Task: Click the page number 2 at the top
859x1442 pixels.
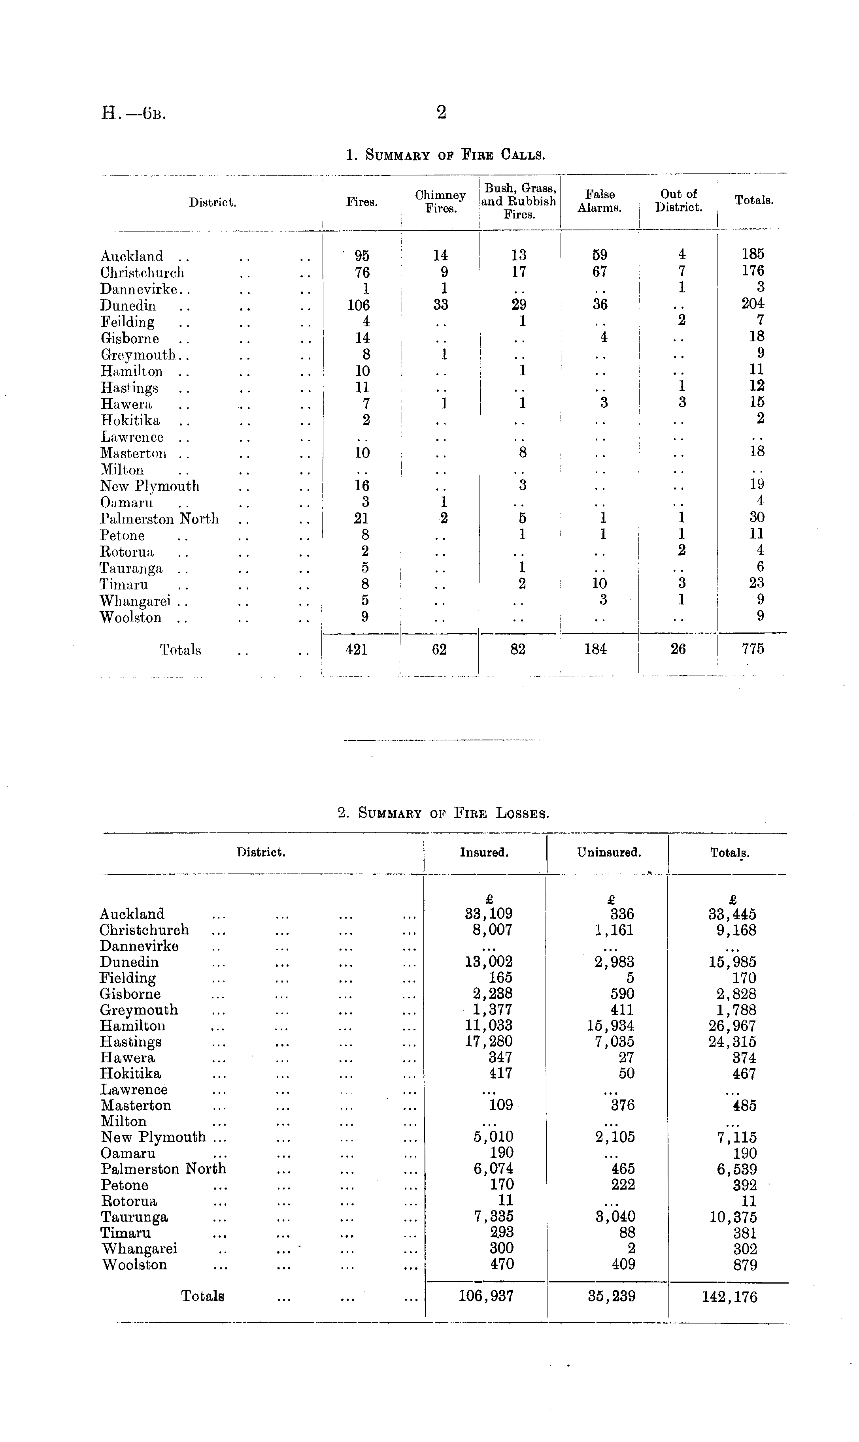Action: pos(441,112)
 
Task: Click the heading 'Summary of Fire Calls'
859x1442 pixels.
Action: pos(445,155)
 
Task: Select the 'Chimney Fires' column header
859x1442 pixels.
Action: pos(440,202)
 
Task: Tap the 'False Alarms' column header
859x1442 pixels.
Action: pos(599,201)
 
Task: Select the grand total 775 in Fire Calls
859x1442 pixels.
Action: pos(753,649)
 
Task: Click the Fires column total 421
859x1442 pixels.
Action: pos(357,649)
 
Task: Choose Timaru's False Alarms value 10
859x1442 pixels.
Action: pos(599,584)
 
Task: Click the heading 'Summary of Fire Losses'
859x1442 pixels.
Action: pos(444,813)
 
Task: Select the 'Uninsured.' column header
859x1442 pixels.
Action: pos(609,853)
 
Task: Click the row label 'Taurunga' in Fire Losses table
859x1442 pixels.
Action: pos(134,1217)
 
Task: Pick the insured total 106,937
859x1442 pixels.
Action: pos(486,1296)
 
